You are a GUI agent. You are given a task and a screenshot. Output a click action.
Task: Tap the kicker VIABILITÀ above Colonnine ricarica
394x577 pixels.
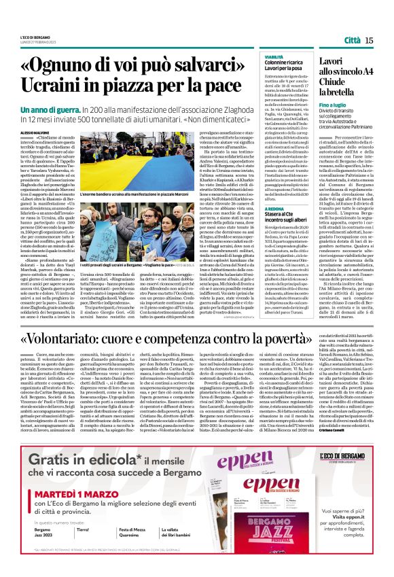pos(274,58)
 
